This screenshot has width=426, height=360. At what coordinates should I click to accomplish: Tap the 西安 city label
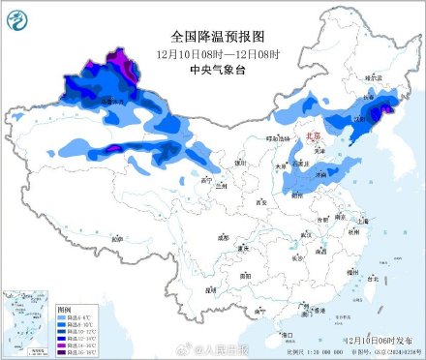click(x=259, y=202)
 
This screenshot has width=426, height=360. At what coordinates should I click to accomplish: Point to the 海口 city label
click(x=287, y=334)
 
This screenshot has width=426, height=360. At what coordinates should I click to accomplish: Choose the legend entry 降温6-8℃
click(x=74, y=316)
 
